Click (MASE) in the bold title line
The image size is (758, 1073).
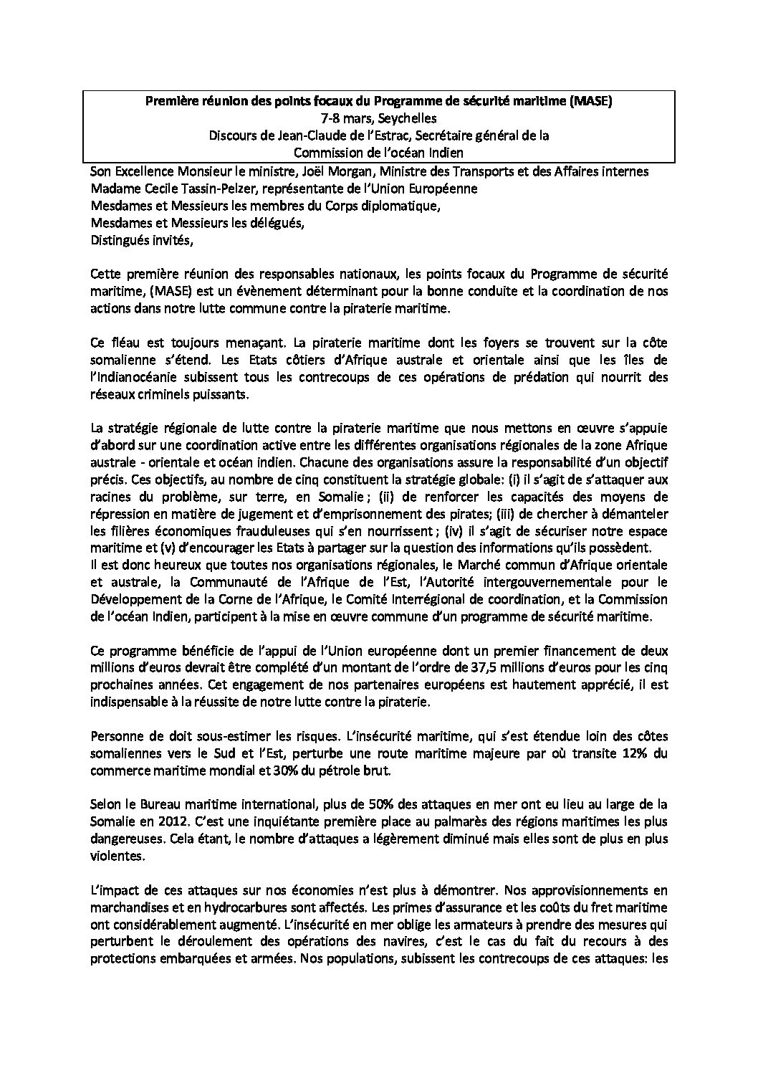pos(586,102)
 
